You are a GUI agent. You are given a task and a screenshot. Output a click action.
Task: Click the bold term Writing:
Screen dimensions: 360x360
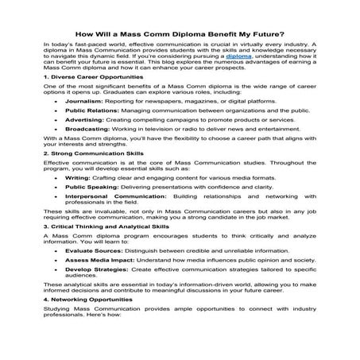coord(79,223)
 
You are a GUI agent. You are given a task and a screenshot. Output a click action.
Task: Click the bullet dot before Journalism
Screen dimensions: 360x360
coord(53,123)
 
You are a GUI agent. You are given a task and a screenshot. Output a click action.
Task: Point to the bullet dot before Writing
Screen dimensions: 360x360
coord(53,223)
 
